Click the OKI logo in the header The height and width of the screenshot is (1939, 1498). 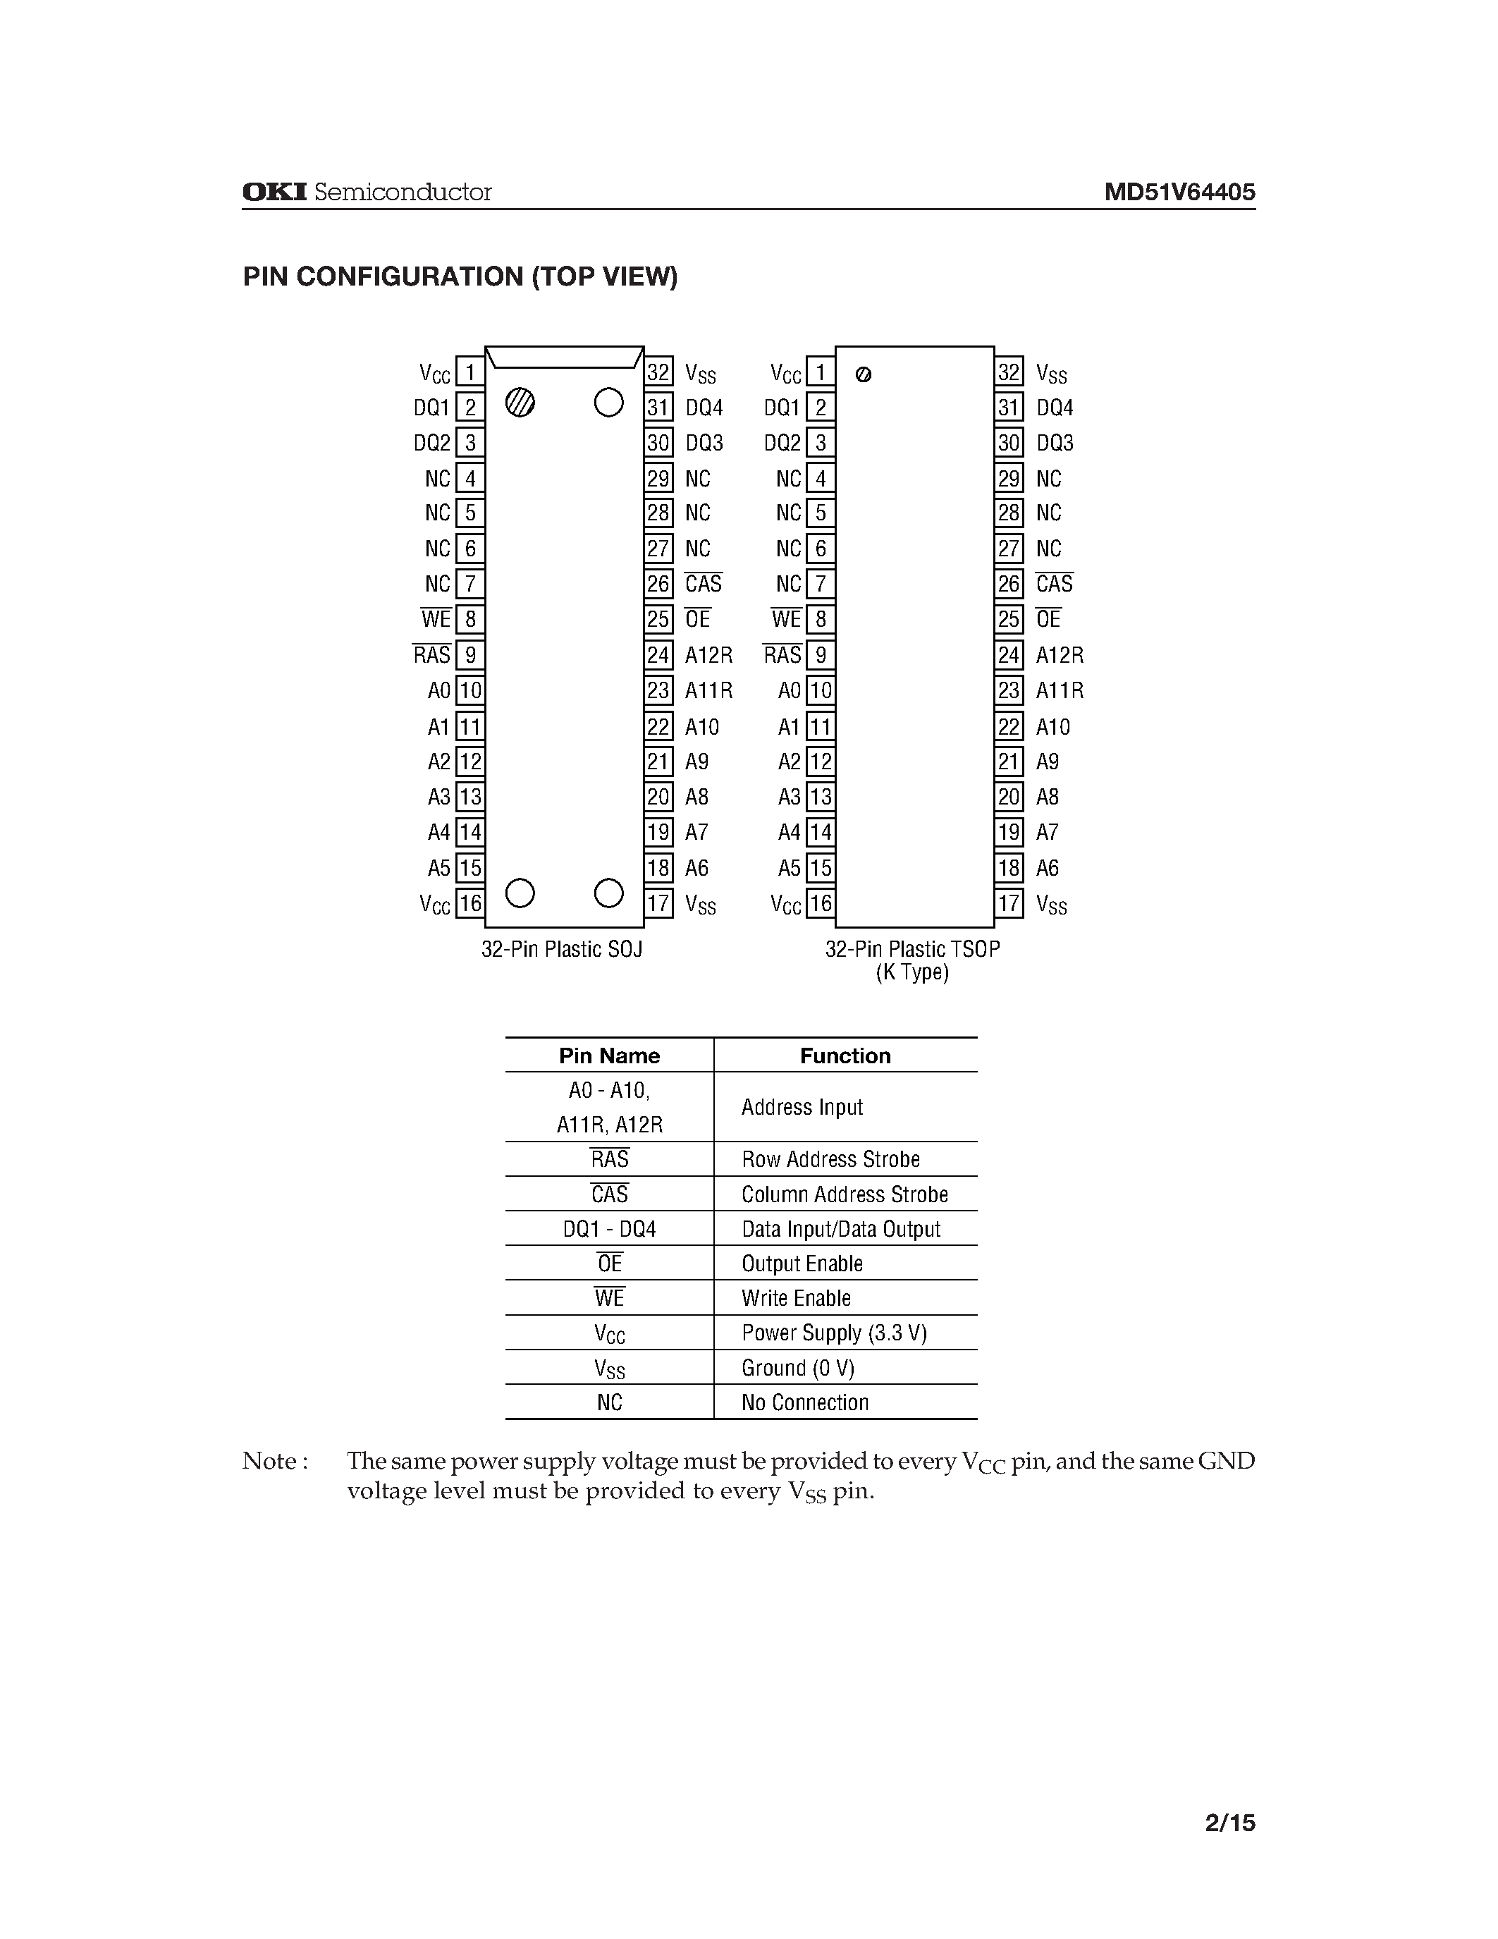click(x=274, y=192)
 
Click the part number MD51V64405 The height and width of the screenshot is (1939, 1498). click(x=1179, y=192)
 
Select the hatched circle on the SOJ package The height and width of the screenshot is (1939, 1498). click(x=520, y=403)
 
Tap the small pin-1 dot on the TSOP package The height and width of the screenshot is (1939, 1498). click(x=864, y=374)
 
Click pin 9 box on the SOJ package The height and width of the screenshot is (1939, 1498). click(x=470, y=655)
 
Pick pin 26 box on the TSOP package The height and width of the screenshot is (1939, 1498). click(x=1009, y=585)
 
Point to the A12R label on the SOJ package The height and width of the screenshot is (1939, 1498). click(x=708, y=655)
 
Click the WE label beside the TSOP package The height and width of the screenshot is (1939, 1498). click(x=786, y=620)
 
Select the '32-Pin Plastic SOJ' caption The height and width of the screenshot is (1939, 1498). click(x=562, y=949)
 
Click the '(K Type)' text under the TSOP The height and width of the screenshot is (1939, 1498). click(x=912, y=972)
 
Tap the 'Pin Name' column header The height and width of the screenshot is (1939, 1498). click(x=609, y=1056)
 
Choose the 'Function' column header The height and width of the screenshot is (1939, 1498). click(x=845, y=1056)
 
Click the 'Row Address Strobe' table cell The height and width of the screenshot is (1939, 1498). click(x=830, y=1159)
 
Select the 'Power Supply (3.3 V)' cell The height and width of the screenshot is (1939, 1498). click(x=834, y=1333)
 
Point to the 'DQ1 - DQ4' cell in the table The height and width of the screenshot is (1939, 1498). click(x=609, y=1229)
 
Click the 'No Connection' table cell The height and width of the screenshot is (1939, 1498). click(x=805, y=1402)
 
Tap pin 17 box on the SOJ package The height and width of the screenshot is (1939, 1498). click(x=658, y=904)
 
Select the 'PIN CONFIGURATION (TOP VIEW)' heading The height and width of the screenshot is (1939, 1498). click(x=460, y=277)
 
